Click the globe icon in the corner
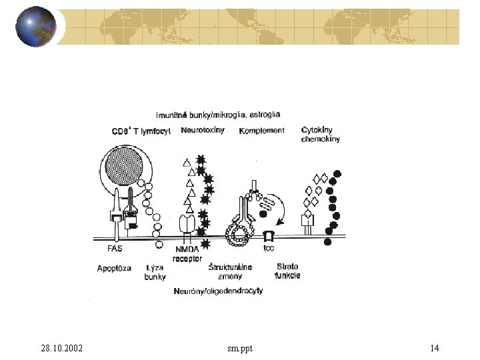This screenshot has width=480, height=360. (35, 27)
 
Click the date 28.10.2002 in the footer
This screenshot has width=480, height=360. (62, 348)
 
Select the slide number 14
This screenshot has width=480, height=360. (434, 348)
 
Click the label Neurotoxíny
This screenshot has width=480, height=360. (203, 130)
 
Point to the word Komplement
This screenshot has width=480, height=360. (261, 131)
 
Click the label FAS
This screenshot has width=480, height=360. (115, 249)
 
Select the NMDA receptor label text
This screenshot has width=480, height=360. (187, 253)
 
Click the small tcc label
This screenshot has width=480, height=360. (269, 249)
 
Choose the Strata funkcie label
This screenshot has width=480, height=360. (287, 271)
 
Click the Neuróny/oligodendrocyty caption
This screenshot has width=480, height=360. (218, 291)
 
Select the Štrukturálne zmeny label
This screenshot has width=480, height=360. (230, 271)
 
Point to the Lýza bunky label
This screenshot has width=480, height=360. (155, 272)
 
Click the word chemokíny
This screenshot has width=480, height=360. (321, 139)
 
